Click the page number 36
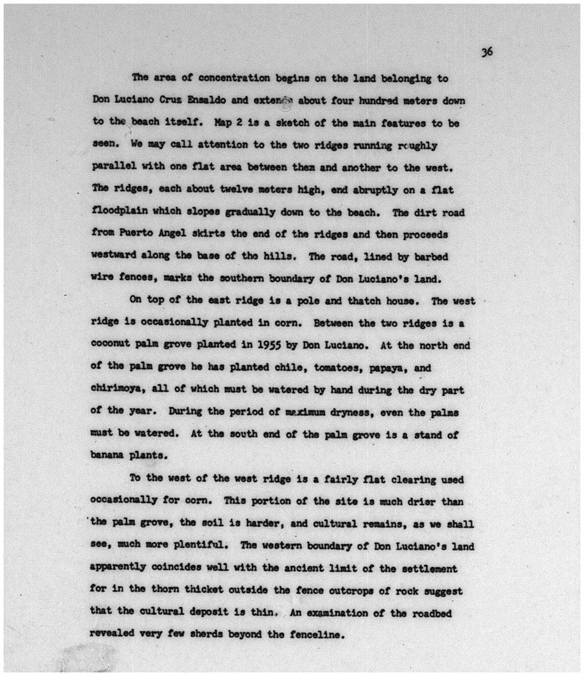coord(487,52)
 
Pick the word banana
coord(105,455)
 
